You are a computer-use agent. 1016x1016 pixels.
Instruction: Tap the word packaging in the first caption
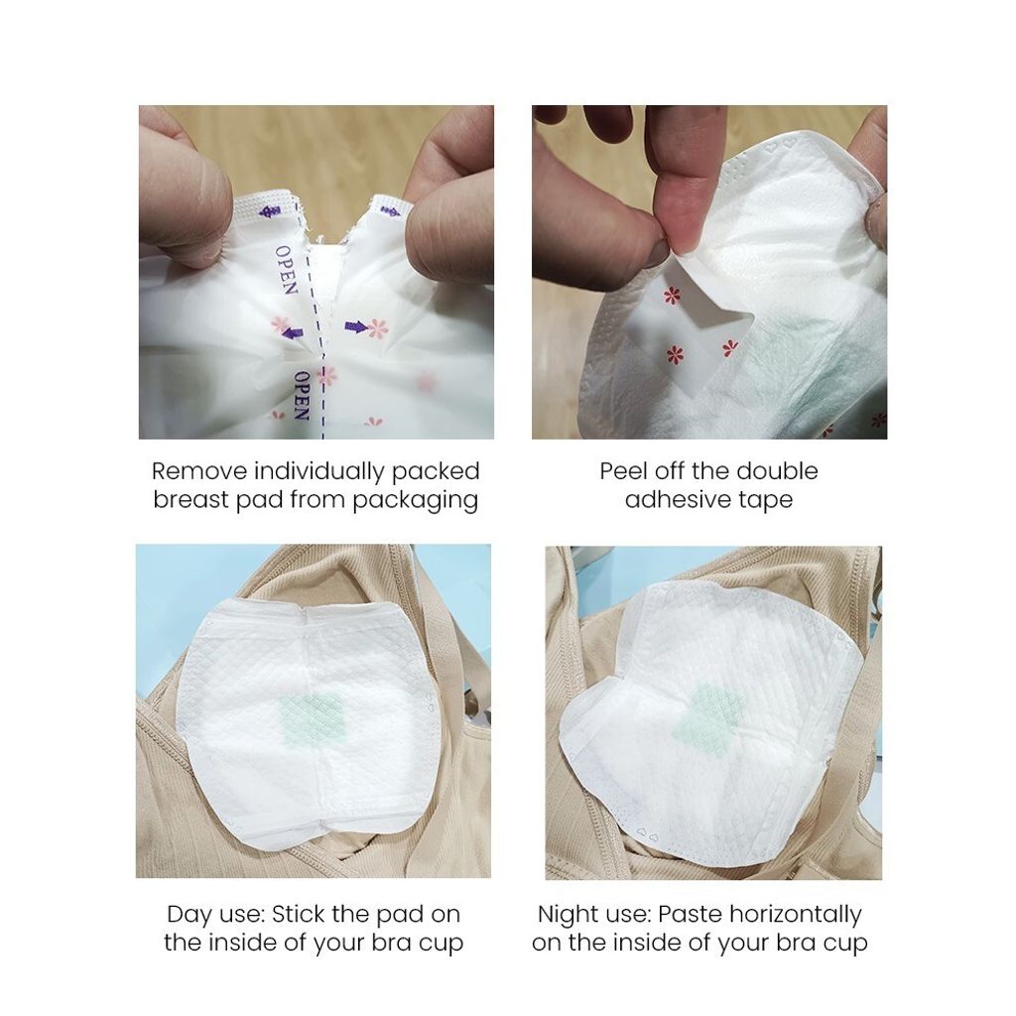(416, 501)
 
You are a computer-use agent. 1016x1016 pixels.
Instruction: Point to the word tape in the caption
(766, 501)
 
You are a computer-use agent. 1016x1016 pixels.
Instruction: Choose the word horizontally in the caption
(796, 915)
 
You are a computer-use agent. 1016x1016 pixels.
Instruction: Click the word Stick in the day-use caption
(299, 914)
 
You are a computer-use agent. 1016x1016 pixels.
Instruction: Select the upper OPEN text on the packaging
(286, 270)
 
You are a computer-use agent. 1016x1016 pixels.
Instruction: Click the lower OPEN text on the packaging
(302, 395)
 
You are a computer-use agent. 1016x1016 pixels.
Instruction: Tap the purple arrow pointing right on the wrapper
(357, 327)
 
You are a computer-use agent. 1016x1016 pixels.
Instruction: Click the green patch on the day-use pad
(313, 718)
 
